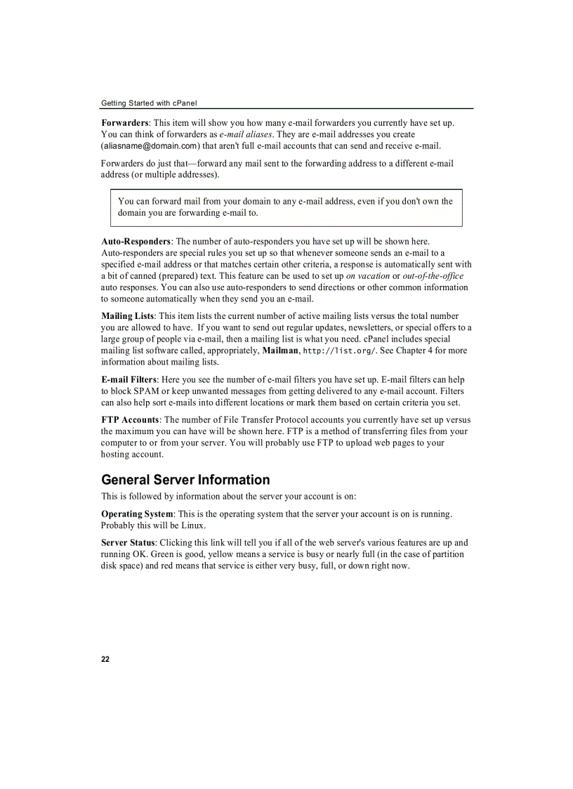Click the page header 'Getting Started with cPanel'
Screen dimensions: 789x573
click(149, 103)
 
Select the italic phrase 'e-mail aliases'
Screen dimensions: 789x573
click(246, 134)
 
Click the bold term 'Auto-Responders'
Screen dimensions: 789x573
click(136, 242)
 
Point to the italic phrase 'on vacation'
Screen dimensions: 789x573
click(368, 276)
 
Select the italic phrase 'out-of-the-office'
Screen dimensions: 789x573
click(433, 276)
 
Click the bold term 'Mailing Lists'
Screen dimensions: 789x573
click(128, 316)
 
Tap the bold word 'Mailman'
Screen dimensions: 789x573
click(280, 351)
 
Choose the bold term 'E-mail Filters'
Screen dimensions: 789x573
click(129, 380)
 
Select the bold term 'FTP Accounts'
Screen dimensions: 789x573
click(130, 420)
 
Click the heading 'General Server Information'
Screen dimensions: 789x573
click(185, 480)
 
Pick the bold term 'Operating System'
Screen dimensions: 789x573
click(137, 514)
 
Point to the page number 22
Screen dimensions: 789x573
click(105, 659)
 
